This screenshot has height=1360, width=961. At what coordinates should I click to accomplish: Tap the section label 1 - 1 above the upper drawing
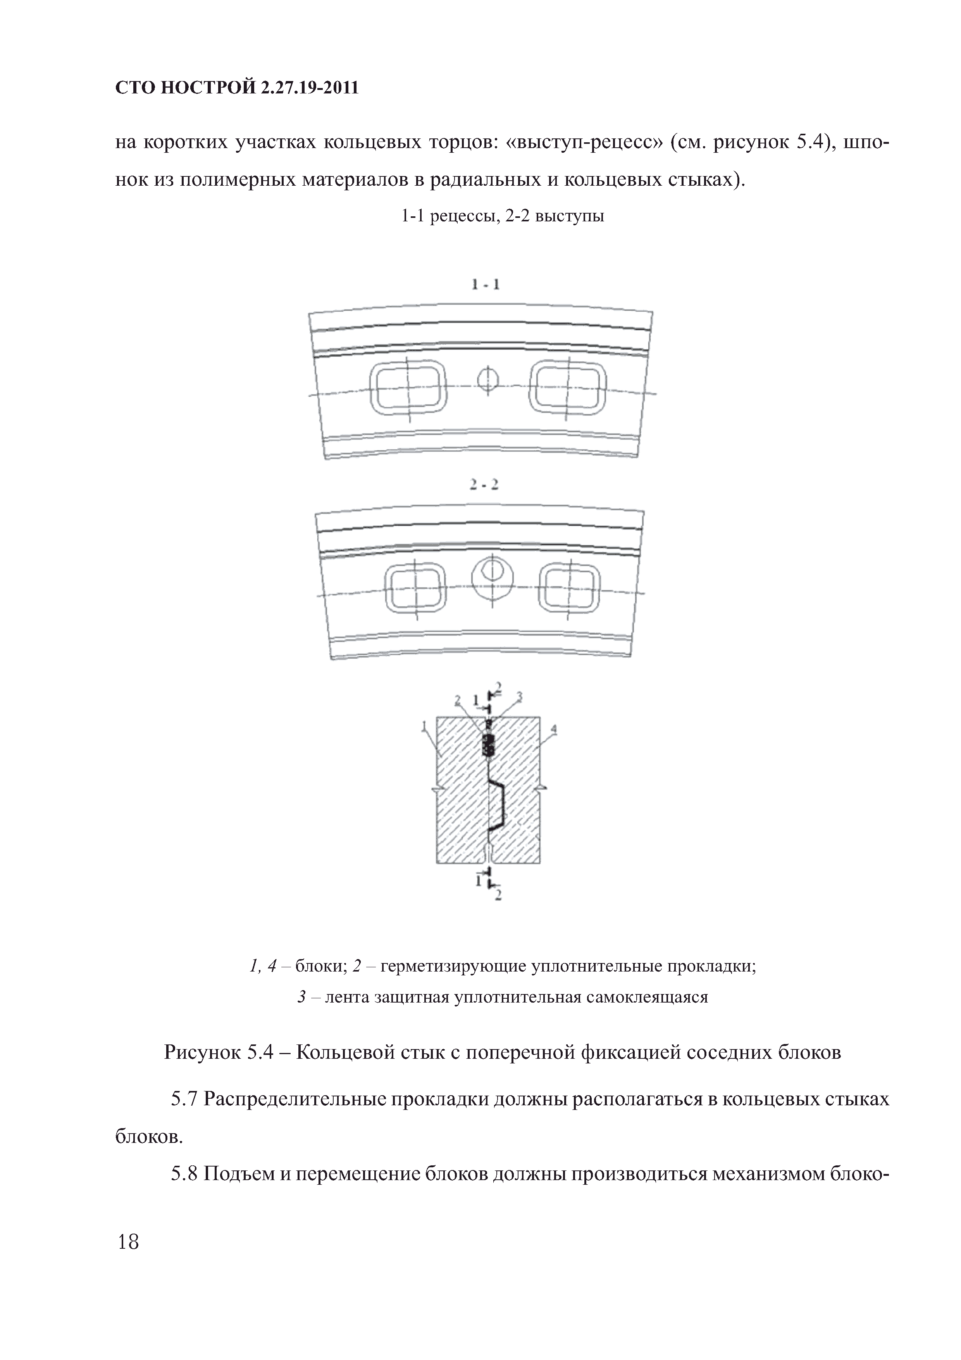(x=486, y=285)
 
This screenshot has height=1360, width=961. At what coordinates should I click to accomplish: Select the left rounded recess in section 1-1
(x=408, y=388)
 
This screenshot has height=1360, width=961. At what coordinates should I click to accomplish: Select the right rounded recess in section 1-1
(x=567, y=388)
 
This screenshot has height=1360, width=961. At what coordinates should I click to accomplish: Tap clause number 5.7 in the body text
(x=184, y=1099)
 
